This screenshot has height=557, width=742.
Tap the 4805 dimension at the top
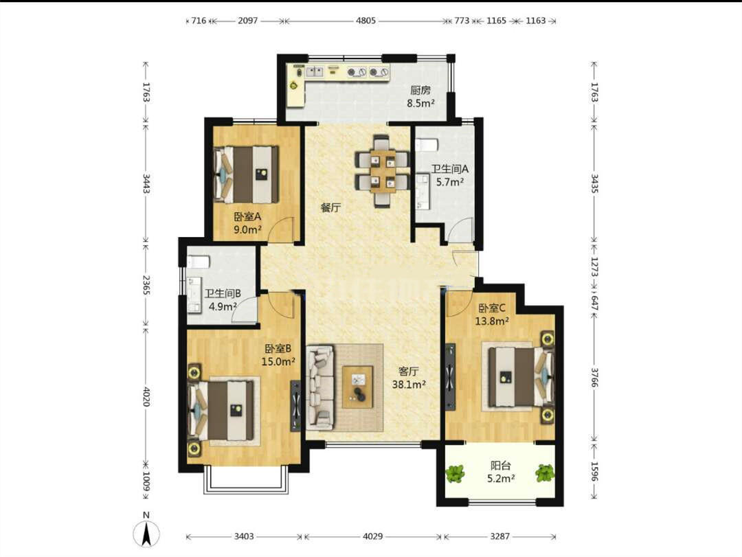[x=366, y=21]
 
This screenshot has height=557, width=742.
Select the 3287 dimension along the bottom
[x=499, y=536]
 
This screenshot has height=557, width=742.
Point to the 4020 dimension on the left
[x=146, y=396]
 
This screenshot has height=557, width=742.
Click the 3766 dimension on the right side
[x=594, y=376]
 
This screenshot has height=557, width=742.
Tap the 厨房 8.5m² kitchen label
[x=420, y=97]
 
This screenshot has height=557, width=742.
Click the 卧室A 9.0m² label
[x=247, y=223]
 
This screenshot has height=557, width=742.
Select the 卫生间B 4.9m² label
[x=223, y=300]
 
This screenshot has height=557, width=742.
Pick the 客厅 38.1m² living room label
[x=408, y=378]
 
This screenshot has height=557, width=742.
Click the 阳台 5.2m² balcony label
[x=501, y=472]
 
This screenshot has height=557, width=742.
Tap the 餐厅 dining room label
[x=330, y=207]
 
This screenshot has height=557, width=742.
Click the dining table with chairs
[x=383, y=171]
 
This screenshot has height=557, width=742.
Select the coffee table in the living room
[x=358, y=387]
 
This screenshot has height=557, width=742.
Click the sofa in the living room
[x=320, y=387]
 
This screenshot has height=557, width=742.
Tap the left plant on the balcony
[x=455, y=473]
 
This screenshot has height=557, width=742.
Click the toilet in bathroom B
[x=199, y=261]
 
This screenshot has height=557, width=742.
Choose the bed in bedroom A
[x=246, y=174]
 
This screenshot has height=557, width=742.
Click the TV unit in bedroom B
[x=295, y=406]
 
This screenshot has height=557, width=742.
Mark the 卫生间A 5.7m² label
[x=449, y=175]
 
